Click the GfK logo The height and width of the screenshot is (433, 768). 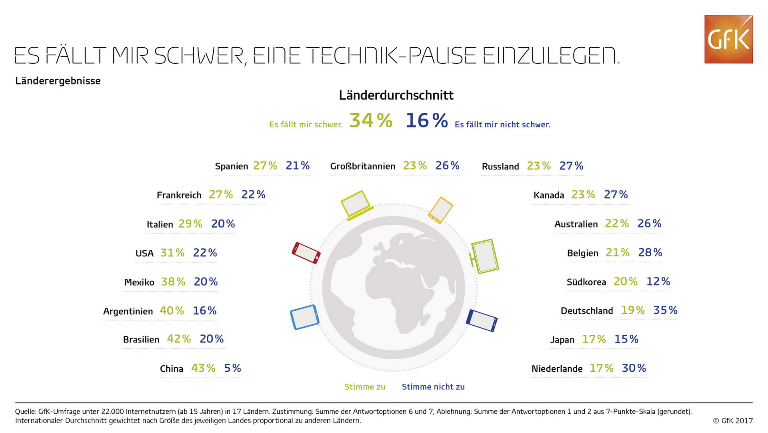pos(728,39)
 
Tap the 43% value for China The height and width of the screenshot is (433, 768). pos(203,368)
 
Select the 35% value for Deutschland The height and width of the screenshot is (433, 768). pos(665,310)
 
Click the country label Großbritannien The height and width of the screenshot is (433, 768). pos(362,166)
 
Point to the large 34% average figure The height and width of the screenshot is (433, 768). pos(371,120)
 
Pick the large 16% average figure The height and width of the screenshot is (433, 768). pos(426,120)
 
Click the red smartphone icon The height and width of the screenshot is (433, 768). pos(306,253)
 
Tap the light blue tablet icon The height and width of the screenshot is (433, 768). pos(304,317)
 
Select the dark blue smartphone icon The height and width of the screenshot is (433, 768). pos(482,320)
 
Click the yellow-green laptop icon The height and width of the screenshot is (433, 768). pos(356,205)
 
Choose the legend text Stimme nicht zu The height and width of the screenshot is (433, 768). pos(433,387)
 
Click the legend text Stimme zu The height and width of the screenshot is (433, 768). pos(365,387)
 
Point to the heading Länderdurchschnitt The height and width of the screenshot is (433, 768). pos(396,95)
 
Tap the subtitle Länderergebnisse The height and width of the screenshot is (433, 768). pos(58,81)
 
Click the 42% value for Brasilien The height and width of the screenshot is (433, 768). pos(179,339)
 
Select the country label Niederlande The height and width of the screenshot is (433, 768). pos(557,369)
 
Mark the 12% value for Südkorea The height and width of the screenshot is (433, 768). pos(658,281)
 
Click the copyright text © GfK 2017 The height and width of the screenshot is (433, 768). pos(733,421)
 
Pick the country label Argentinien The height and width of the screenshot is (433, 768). pos(128,311)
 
